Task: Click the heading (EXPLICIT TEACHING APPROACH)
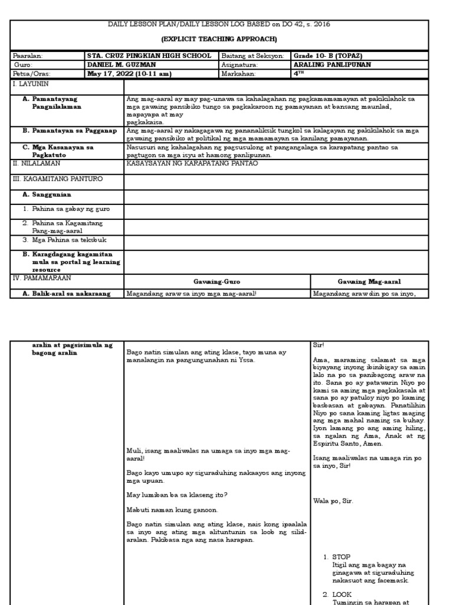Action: point(226,38)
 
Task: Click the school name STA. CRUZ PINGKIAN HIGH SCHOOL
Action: point(148,56)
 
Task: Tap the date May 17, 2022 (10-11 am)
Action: point(129,74)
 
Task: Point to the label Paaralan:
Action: point(27,56)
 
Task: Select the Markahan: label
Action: point(238,74)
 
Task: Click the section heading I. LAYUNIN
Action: point(31,83)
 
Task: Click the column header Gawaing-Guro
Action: point(216,282)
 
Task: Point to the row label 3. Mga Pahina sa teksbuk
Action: point(65,240)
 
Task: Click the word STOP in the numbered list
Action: point(341,557)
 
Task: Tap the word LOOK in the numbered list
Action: point(342,594)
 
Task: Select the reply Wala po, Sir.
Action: point(333,500)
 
